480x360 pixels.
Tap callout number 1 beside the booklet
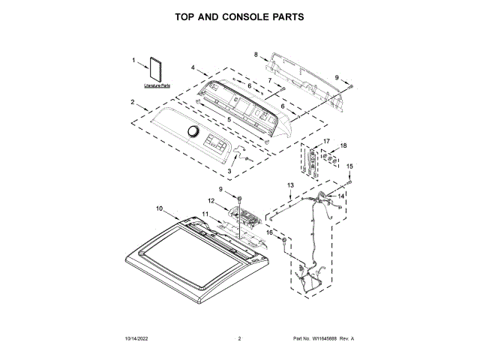coord(133,60)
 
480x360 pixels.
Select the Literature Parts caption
coord(157,85)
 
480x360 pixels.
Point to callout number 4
coord(193,68)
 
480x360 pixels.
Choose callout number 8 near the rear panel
coord(256,54)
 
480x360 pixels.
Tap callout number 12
coord(211,201)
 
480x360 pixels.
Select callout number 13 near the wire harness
coord(291,184)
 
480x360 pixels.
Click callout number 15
coord(349,166)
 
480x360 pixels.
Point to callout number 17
coord(326,141)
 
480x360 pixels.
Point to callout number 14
coord(340,196)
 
